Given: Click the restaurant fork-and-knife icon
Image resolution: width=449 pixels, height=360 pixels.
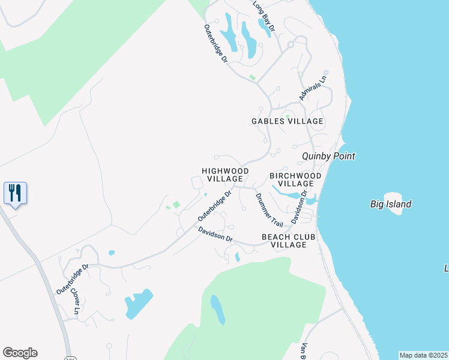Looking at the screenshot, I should tap(15, 193).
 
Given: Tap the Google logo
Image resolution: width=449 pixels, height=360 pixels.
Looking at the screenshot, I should tap(20, 353).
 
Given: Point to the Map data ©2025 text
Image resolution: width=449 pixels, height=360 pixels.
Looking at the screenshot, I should tap(424, 355).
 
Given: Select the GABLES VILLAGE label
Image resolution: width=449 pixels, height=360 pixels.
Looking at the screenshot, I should tap(287, 121).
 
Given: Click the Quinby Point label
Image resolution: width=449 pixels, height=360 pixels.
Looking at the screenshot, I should tap(328, 156).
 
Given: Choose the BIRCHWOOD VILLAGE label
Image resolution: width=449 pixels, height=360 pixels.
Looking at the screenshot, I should tap(295, 179).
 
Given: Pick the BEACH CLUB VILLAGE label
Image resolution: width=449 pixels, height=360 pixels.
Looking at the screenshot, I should tap(288, 241).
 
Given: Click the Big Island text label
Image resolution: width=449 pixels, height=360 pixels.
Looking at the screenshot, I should tap(390, 204).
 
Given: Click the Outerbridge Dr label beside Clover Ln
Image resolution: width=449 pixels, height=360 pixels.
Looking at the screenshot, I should tap(72, 278).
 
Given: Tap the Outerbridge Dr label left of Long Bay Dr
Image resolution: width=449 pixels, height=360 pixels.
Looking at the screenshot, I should tap(215, 44).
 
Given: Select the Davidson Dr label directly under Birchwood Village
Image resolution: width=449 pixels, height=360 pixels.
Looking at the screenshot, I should tap(299, 208).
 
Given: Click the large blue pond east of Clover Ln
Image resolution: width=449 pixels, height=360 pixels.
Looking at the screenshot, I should tap(139, 304).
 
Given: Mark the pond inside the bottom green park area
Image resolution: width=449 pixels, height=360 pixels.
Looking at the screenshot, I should tap(218, 310).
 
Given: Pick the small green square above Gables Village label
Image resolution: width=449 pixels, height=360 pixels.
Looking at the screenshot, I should tap(287, 116).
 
